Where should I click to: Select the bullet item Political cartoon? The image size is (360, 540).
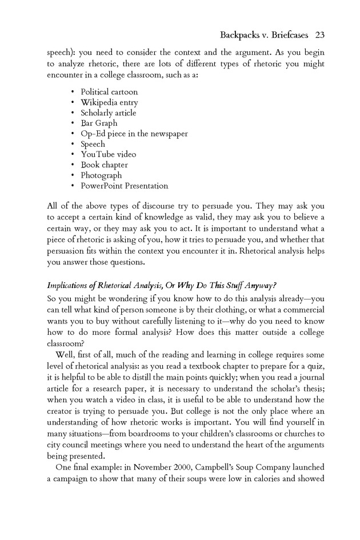click(109, 91)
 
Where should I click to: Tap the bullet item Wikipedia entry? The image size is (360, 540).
click(109, 102)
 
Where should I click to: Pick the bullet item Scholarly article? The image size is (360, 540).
click(108, 113)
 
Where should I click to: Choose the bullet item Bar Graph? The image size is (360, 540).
click(99, 123)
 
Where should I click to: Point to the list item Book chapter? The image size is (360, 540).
click(105, 165)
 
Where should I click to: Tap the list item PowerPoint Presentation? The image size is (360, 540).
click(124, 186)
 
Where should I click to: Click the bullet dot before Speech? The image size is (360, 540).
click(73, 145)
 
